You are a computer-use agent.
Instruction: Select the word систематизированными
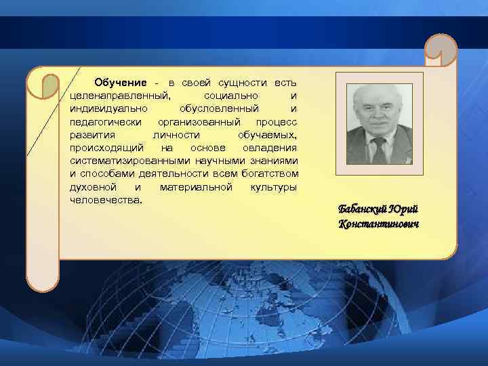[x=122, y=161]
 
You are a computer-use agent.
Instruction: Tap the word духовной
[x=93, y=186]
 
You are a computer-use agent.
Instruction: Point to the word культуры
[x=273, y=186]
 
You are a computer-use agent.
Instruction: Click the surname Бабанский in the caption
[x=363, y=209]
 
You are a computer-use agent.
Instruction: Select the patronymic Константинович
[x=379, y=223]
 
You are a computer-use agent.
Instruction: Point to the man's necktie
[x=378, y=149]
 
